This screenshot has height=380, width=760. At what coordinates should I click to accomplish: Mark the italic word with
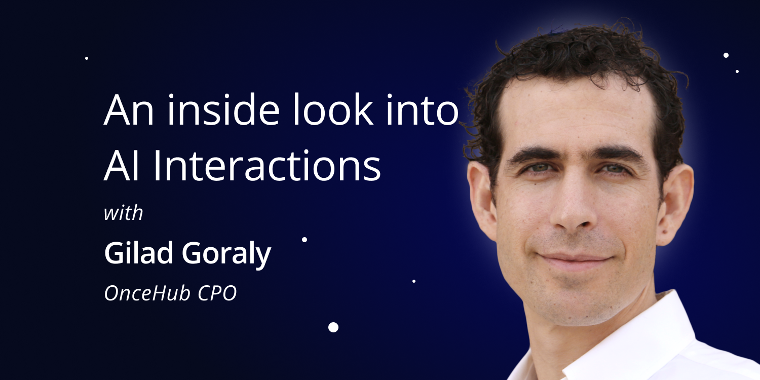point(123,213)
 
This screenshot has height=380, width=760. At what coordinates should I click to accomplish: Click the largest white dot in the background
point(333,327)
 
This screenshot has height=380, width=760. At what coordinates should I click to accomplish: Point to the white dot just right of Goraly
point(305,240)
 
